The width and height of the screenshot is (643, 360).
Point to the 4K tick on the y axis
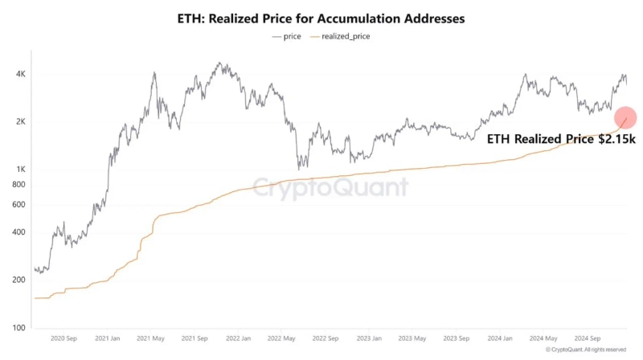[x=22, y=74]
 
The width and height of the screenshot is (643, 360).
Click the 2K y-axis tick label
[x=22, y=122]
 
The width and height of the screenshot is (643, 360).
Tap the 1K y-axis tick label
[x=22, y=170]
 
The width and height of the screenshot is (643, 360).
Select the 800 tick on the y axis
[x=19, y=185]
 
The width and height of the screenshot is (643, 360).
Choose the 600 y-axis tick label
[x=19, y=205]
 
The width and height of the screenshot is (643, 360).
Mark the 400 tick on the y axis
[x=19, y=233]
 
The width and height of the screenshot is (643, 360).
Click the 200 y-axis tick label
[x=19, y=280]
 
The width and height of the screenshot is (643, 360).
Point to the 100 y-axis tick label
[x=19, y=329]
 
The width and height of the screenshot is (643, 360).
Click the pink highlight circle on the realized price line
[x=625, y=117]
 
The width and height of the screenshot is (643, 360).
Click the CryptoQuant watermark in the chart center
[x=330, y=188]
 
